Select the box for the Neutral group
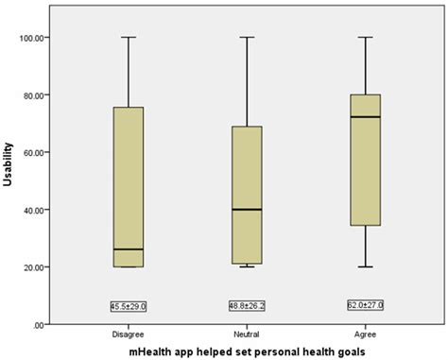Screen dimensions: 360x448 point(246,189)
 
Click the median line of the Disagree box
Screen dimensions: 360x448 point(128,249)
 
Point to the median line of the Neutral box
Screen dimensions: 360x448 point(246,209)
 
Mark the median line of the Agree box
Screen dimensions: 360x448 point(365,117)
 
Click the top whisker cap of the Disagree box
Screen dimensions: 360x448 point(128,38)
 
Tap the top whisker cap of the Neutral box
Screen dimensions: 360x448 point(246,38)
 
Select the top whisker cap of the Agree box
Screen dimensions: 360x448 point(365,38)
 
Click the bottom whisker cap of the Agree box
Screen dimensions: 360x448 point(365,266)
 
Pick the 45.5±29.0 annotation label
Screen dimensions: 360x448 point(128,306)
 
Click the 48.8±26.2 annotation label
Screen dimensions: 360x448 point(246,306)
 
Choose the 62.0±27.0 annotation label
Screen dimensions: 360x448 point(365,305)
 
